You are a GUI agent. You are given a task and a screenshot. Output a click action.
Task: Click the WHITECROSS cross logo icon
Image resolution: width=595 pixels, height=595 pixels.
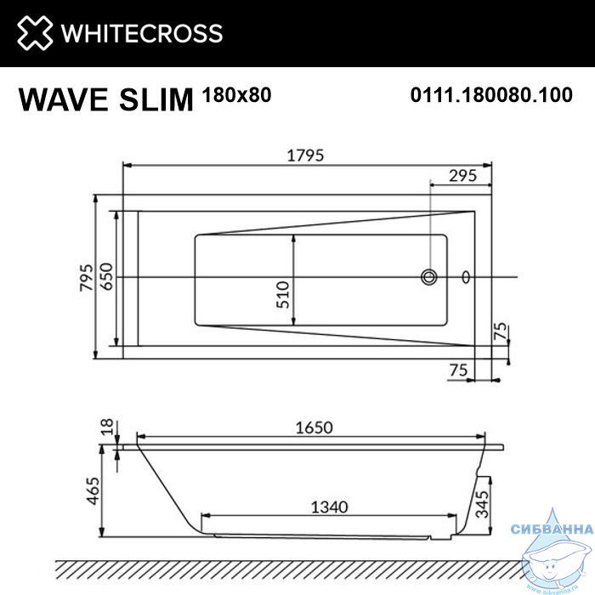pos(35,33)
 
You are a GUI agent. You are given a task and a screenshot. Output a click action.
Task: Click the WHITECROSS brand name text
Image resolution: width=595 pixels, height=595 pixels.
pos(142,33)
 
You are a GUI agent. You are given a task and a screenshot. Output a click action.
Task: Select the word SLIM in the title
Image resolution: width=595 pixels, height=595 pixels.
pos(156,99)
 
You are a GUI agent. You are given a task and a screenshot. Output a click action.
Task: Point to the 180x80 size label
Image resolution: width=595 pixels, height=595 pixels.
pos(237,95)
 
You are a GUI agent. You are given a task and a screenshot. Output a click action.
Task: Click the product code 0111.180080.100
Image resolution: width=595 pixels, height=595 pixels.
pos(491,95)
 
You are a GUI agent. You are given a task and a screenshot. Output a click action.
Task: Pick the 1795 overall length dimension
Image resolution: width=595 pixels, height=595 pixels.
pos(305,156)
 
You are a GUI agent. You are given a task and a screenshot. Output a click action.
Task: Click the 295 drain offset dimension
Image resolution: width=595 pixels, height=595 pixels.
pos(462,176)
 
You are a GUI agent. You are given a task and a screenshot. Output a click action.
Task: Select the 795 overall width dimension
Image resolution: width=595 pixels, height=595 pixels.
pos(87,277)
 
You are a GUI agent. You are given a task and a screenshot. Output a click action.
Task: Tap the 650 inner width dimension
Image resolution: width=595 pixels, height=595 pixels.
pos(107,276)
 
